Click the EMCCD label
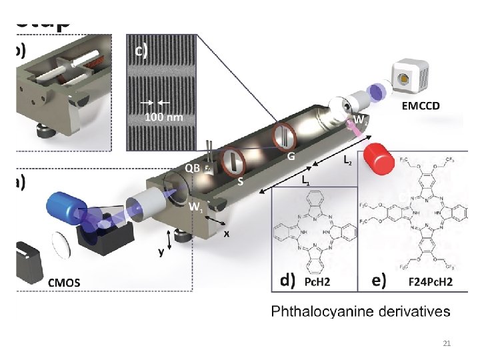point(420,105)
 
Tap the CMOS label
point(64,283)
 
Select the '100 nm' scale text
point(163,117)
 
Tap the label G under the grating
point(291,157)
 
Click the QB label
point(192,168)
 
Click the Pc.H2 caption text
point(317,282)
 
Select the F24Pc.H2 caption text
point(430,282)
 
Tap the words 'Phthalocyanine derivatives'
point(360,311)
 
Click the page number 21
point(447,344)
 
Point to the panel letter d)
point(288,281)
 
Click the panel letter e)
point(378,281)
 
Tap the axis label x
point(227,235)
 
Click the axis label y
point(161,252)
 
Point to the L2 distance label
point(348,160)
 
